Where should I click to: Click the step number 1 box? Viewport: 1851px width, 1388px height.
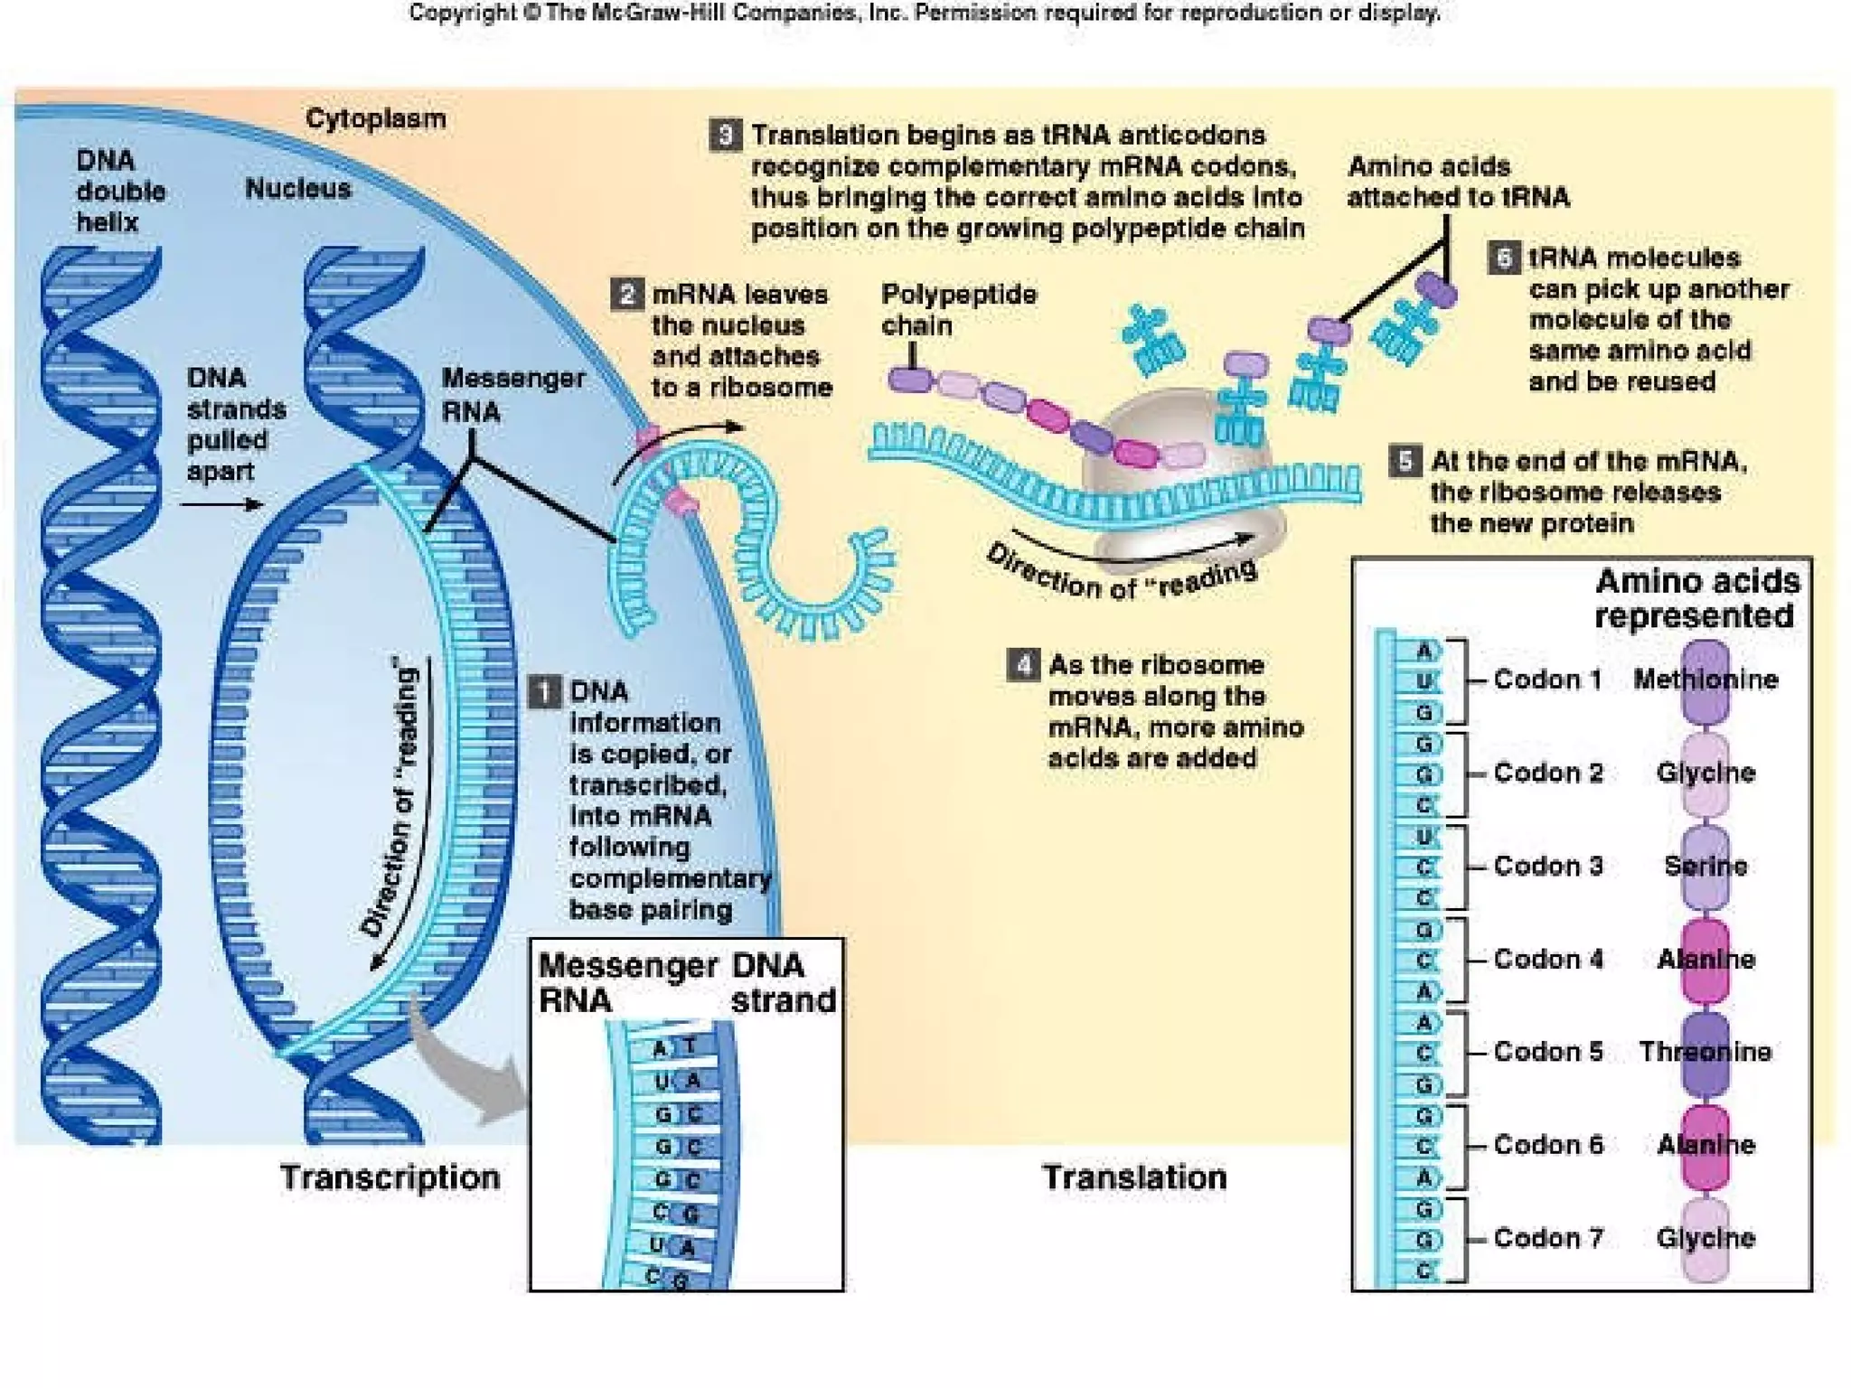[544, 692]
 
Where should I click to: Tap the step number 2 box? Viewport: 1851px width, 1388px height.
[626, 295]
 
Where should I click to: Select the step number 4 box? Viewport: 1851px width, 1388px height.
[1022, 666]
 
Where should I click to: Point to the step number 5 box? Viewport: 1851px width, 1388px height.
[1405, 462]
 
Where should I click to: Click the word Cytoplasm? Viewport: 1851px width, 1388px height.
[375, 118]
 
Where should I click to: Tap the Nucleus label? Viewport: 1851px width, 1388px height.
[297, 189]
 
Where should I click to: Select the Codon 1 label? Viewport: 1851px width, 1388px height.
[1547, 680]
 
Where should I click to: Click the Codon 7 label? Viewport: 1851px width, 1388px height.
[1548, 1238]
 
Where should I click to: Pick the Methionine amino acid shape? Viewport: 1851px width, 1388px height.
[1705, 681]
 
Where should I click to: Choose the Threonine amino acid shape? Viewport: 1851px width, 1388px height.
[1705, 1053]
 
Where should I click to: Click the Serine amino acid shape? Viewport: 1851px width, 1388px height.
[1705, 867]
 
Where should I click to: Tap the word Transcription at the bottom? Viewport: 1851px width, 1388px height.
[390, 1177]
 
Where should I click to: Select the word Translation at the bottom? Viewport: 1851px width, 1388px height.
[1134, 1177]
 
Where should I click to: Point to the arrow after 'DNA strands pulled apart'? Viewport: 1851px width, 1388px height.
[221, 504]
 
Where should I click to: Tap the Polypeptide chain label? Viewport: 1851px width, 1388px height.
[958, 309]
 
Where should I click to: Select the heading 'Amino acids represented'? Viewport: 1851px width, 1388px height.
[1696, 598]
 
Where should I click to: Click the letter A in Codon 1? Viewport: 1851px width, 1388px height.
[1424, 651]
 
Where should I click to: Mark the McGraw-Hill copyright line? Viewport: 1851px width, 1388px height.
[925, 14]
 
